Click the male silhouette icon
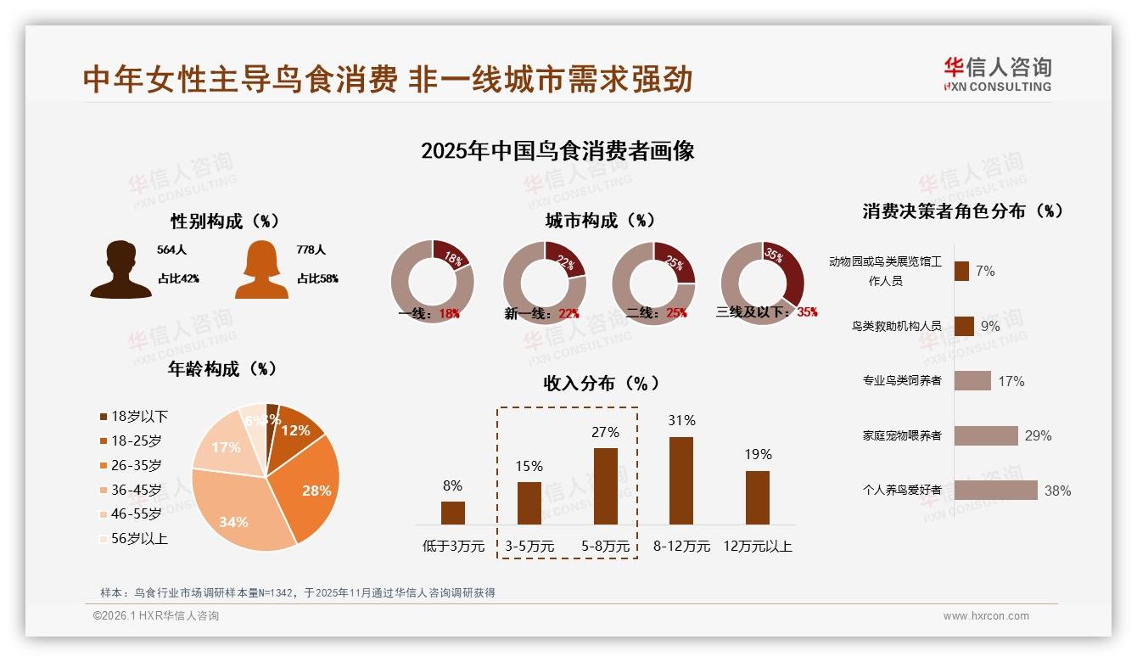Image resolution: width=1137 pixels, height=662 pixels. coord(120,270)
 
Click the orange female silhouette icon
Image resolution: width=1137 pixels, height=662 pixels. coord(261,270)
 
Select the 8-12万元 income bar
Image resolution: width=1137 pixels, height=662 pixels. coord(681,480)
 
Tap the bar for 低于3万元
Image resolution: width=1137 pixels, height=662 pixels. coord(453,513)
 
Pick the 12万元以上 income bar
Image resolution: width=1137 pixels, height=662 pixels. coord(758,497)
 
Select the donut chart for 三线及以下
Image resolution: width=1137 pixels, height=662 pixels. coord(761,282)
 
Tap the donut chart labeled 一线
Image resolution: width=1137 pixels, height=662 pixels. coord(432,282)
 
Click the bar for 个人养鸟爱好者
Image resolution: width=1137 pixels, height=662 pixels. coord(995,491)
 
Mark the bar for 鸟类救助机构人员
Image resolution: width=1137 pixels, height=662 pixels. coord(964,326)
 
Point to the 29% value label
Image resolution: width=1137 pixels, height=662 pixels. coord(1038,435)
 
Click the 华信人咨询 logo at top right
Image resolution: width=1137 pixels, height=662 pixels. coord(997,74)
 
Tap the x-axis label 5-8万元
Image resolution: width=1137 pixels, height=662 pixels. coord(606,547)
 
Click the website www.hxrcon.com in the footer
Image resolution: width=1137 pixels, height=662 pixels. coord(986,616)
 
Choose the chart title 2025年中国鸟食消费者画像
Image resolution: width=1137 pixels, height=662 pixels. coord(557,151)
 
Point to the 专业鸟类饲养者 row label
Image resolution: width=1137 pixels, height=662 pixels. coord(902,380)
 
